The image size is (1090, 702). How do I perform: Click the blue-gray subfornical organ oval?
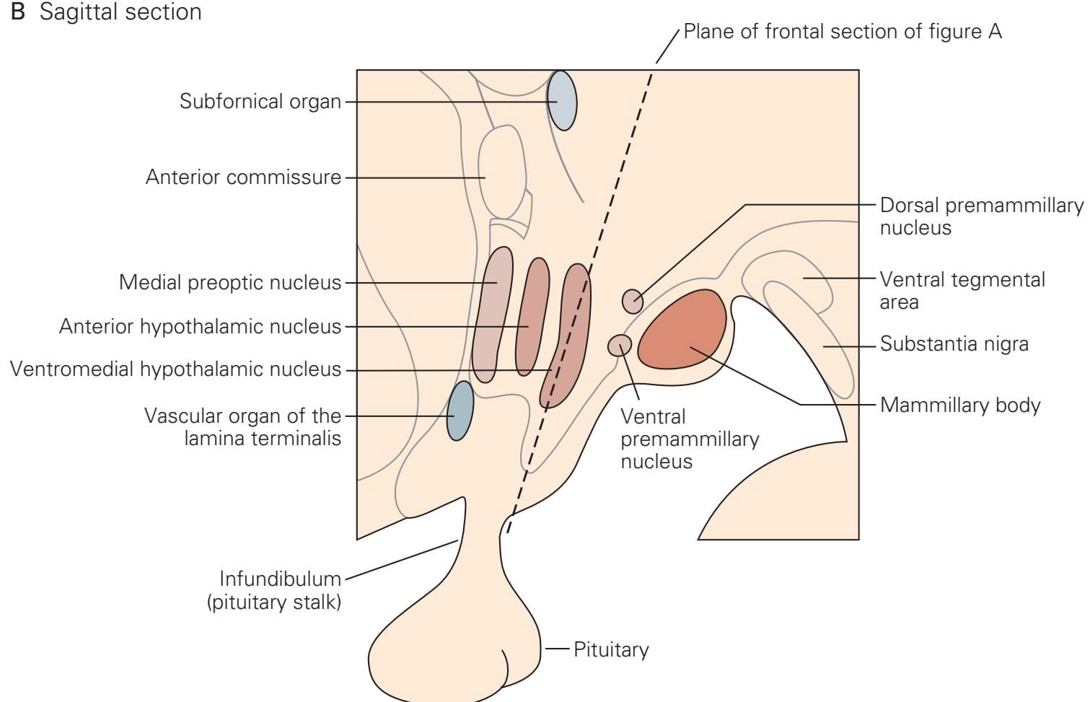(x=561, y=100)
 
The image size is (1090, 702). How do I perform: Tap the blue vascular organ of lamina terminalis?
(x=460, y=411)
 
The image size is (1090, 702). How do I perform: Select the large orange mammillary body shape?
(x=682, y=330)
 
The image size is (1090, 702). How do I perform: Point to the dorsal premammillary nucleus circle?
(x=633, y=301)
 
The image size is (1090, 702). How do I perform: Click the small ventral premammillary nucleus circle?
(x=620, y=346)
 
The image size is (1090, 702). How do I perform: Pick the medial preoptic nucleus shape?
(x=493, y=314)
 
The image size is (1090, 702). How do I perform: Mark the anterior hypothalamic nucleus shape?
(x=532, y=317)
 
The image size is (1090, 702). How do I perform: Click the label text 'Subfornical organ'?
(x=260, y=102)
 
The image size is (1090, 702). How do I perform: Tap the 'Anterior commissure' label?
(x=243, y=177)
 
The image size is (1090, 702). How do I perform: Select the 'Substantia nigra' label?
(x=954, y=344)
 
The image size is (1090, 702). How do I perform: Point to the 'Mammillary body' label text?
(x=959, y=405)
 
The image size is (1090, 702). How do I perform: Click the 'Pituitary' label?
(x=611, y=650)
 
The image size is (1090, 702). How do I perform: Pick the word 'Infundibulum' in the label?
(x=280, y=579)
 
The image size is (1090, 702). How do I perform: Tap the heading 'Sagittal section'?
(x=120, y=12)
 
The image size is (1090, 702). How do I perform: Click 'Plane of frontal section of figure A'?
(x=842, y=32)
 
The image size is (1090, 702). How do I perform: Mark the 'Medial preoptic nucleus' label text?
(x=229, y=283)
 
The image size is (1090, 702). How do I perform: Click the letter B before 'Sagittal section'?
(x=18, y=12)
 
